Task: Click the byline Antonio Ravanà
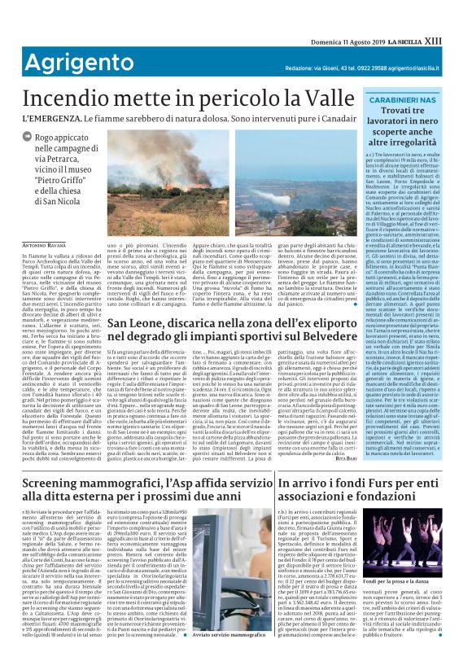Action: pyautogui.click(x=45, y=221)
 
